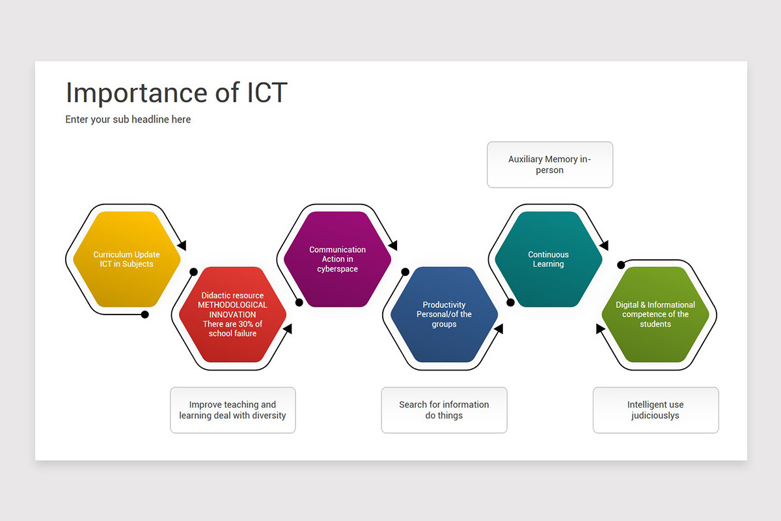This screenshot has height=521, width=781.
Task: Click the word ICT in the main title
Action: coord(267,92)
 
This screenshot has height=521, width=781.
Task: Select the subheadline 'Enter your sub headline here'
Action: coord(128,119)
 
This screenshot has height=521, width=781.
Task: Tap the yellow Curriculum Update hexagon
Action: coord(126,259)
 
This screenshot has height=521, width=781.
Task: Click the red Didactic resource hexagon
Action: coord(232,315)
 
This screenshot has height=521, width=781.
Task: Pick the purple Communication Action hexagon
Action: coord(338,259)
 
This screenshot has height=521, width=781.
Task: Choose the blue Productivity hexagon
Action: coord(444,315)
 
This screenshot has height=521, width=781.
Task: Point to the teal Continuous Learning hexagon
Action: coord(549,259)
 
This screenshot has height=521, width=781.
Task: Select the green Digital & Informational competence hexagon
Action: coord(655,315)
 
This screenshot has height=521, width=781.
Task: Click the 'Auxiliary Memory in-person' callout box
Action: coord(550,165)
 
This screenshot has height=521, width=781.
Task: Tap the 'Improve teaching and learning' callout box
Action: coord(233,410)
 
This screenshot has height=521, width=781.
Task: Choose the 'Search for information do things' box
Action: coord(444,410)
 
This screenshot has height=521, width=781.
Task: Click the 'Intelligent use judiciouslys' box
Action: coord(656,410)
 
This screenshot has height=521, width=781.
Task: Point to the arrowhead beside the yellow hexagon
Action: coord(182,245)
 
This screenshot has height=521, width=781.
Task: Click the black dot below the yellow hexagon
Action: coord(145,315)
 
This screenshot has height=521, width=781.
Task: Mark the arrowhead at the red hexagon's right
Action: coord(288,329)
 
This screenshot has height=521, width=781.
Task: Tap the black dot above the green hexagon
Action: coord(621,265)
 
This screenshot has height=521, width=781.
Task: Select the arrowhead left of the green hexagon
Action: coord(600,329)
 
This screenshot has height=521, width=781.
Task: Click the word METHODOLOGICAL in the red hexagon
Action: coord(232,305)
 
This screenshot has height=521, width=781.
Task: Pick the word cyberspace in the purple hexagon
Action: coord(338,269)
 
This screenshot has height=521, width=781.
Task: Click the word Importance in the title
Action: coord(137,93)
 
